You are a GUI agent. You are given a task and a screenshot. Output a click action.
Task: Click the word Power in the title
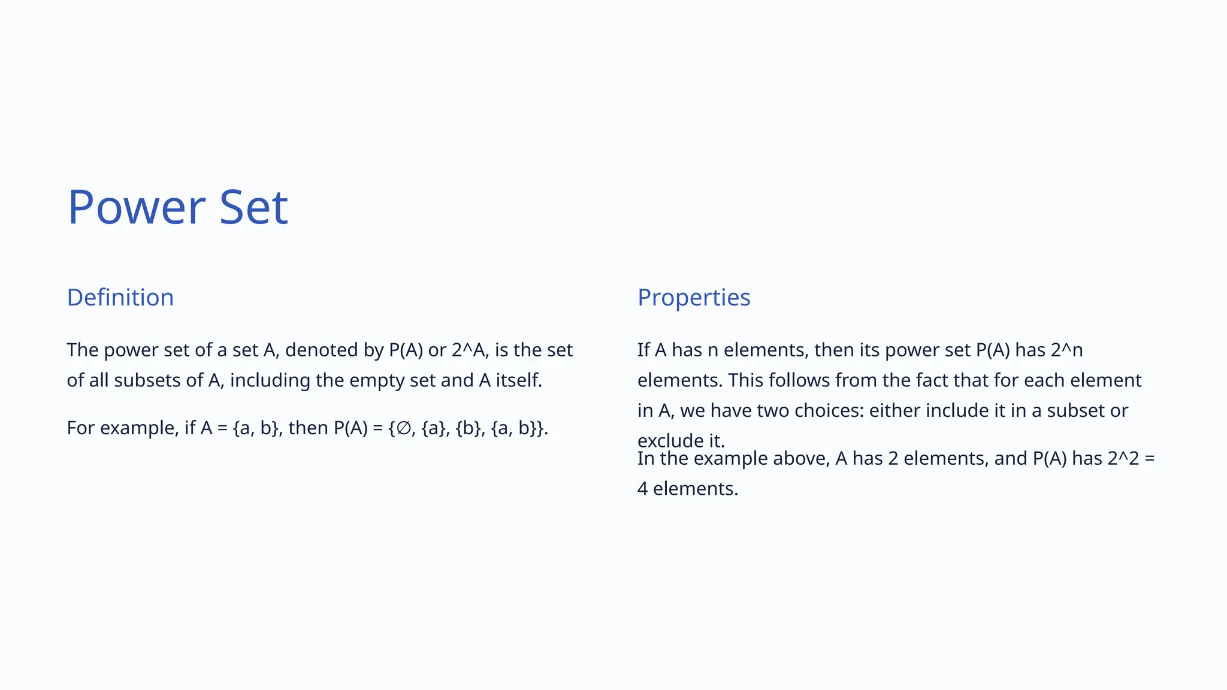pyautogui.click(x=137, y=207)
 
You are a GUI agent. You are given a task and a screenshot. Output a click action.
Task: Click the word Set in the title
pyautogui.click(x=253, y=207)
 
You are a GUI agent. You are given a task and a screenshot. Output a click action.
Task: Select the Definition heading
pyautogui.click(x=120, y=298)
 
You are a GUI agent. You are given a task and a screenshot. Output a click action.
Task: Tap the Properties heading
pyautogui.click(x=693, y=298)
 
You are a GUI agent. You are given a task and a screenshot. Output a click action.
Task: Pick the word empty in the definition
pyautogui.click(x=370, y=380)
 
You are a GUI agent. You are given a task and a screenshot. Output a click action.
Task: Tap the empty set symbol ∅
pyautogui.click(x=404, y=428)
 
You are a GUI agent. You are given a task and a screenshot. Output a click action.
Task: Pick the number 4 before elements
pyautogui.click(x=642, y=489)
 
